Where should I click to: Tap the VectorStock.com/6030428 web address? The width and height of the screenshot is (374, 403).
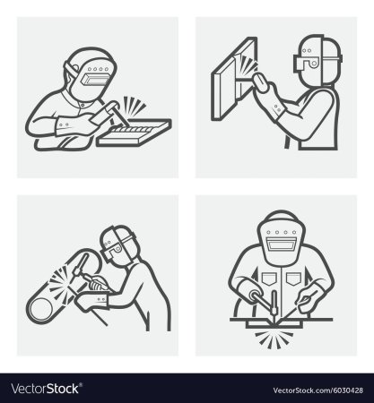pos(317,390)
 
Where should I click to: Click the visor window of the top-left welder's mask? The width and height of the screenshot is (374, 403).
pos(95,80)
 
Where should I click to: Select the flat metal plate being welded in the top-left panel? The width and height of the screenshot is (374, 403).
pos(135,133)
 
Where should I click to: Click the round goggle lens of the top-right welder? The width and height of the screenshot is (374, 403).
pos(314,64)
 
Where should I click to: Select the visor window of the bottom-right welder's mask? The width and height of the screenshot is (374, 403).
pos(281,244)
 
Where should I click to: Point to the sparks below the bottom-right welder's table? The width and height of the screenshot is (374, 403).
pos(273,339)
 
